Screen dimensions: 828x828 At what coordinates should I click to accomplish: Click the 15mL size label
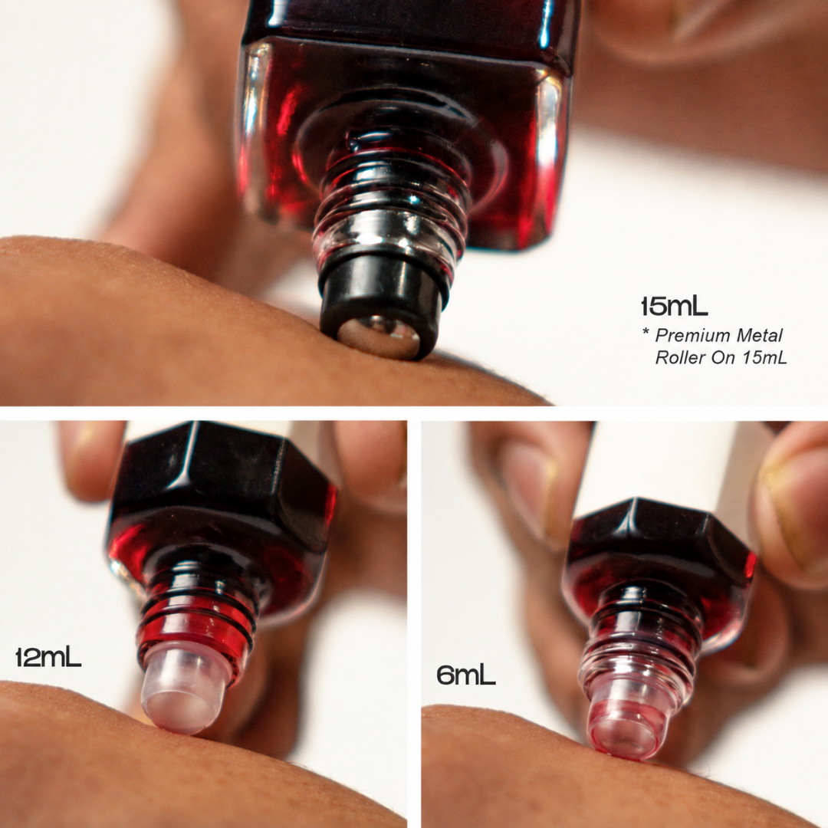674,306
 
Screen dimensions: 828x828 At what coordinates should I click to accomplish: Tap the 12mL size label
48,657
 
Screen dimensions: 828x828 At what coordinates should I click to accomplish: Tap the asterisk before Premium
646,333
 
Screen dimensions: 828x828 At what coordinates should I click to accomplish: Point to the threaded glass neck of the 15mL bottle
391,206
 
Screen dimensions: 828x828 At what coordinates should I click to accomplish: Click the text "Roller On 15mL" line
721,357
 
